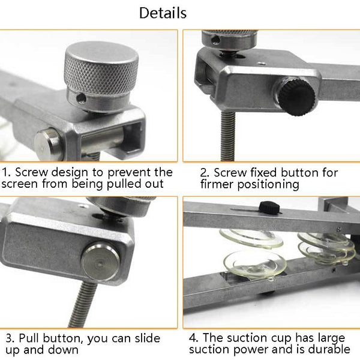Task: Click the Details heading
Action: click(x=163, y=13)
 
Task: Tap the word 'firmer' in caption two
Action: click(x=221, y=184)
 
